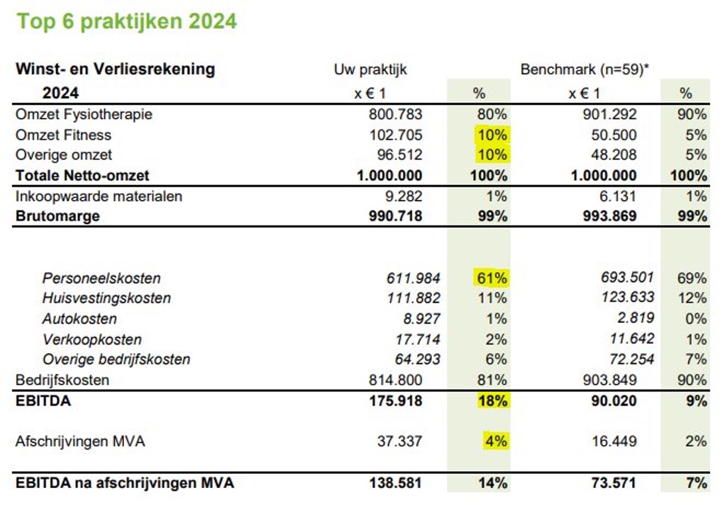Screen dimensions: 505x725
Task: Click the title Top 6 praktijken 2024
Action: pyautogui.click(x=126, y=21)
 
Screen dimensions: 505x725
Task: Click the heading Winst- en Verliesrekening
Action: pyautogui.click(x=115, y=70)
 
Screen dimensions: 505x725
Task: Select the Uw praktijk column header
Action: pyautogui.click(x=370, y=70)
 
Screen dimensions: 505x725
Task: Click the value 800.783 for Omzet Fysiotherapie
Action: pyautogui.click(x=395, y=114)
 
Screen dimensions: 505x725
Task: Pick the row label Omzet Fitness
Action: pyautogui.click(x=64, y=135)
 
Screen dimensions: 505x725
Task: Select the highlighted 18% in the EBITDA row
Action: pyautogui.click(x=492, y=401)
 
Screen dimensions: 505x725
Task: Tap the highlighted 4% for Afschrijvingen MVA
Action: pyautogui.click(x=496, y=441)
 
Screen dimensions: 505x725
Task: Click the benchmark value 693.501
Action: pyautogui.click(x=626, y=277)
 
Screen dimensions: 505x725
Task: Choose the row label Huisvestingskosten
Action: pyautogui.click(x=106, y=298)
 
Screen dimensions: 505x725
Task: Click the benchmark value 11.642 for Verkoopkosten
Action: pyautogui.click(x=631, y=338)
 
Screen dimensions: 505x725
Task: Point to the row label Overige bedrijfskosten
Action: pyautogui.click(x=116, y=359)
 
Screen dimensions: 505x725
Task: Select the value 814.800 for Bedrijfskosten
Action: pyautogui.click(x=395, y=379)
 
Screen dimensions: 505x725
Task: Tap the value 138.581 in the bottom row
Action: pyautogui.click(x=395, y=483)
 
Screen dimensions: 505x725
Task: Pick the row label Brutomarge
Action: pyautogui.click(x=57, y=216)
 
